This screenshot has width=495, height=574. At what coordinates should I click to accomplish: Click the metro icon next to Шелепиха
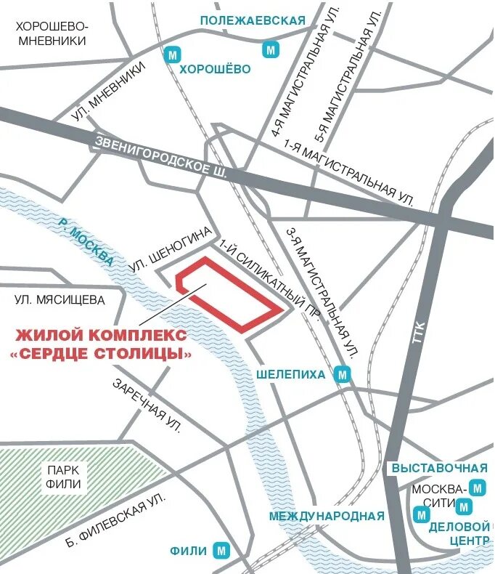(343, 375)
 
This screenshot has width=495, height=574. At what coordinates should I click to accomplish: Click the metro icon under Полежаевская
(271, 49)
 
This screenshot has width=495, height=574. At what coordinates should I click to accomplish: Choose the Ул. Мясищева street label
(60, 299)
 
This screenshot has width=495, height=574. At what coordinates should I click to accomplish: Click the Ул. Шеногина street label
(172, 251)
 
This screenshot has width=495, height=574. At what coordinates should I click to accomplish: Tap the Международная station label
(326, 517)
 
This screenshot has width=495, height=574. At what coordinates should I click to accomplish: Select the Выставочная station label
(438, 467)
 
